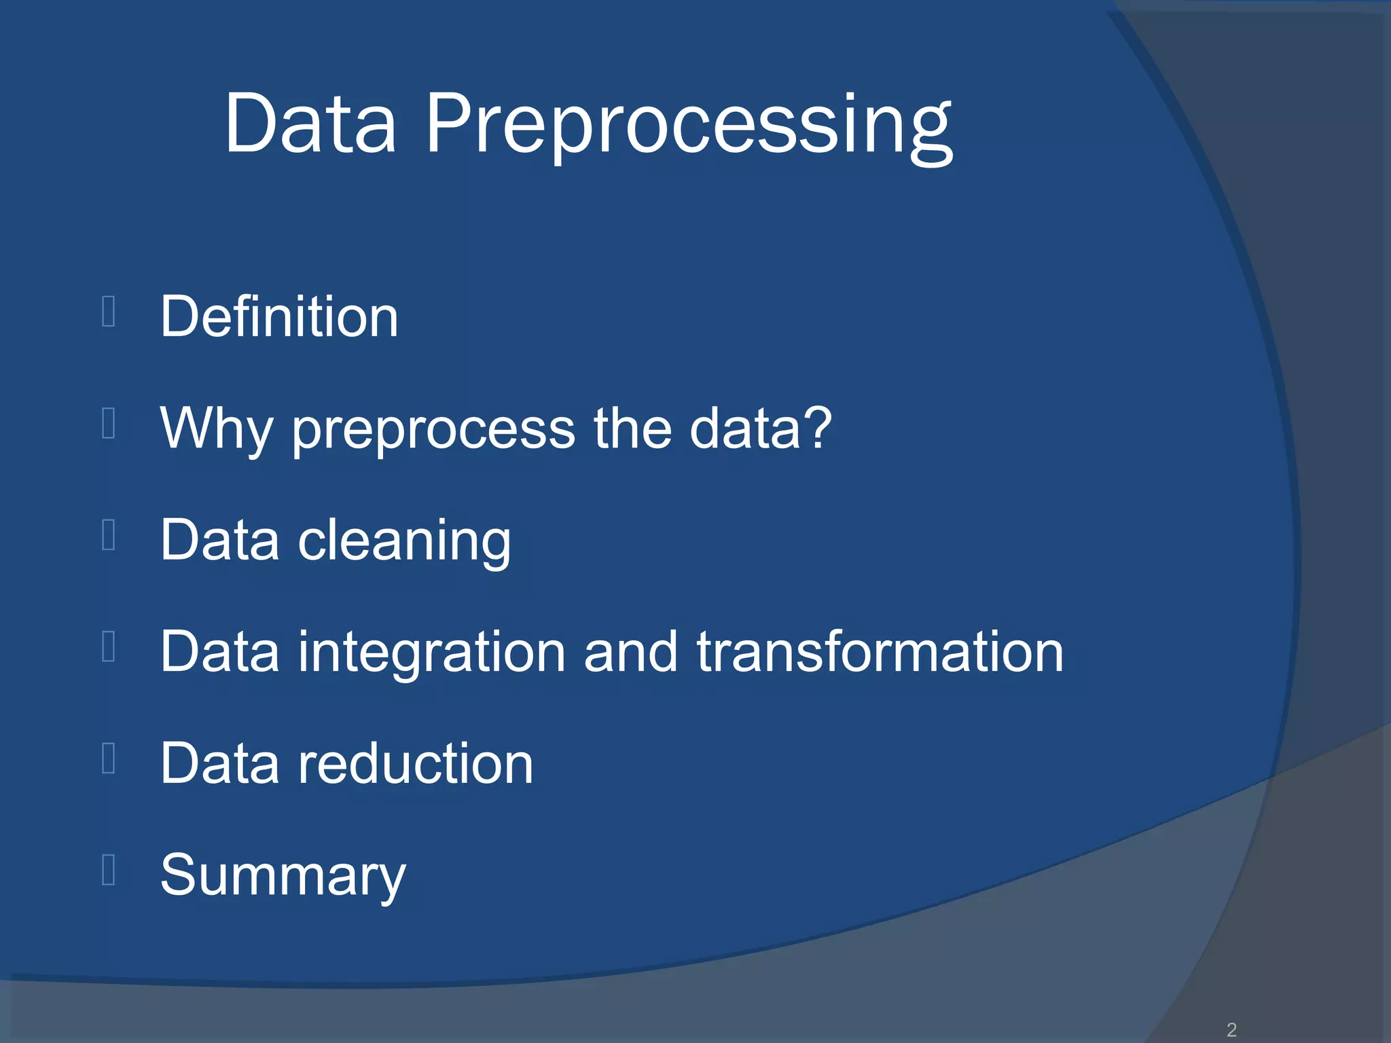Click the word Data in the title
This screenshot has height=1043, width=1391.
[310, 126]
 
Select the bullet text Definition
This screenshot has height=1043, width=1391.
[279, 317]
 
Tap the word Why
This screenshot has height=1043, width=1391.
[216, 428]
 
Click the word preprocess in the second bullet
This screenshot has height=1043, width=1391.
[434, 430]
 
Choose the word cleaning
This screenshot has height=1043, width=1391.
[404, 541]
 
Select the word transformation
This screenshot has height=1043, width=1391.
[880, 652]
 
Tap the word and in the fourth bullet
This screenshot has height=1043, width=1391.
[630, 652]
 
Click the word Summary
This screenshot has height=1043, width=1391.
[283, 876]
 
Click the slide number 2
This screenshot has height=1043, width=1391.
[1231, 1029]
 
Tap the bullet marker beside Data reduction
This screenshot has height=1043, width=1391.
[108, 758]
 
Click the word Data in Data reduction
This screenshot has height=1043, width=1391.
[219, 763]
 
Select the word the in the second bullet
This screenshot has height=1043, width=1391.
[632, 428]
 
